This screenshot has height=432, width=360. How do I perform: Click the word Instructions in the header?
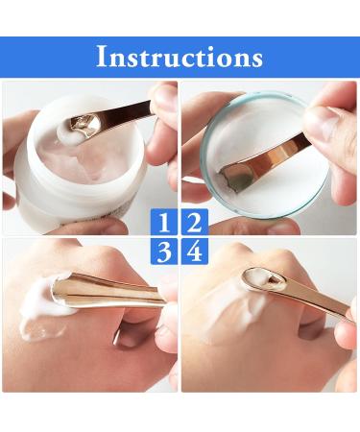tap(180, 57)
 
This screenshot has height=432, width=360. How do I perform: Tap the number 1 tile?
tap(164, 224)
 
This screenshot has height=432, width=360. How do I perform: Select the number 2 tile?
tap(194, 224)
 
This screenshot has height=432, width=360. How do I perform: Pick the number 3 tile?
tap(164, 253)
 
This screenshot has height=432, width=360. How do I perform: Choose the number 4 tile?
tap(194, 253)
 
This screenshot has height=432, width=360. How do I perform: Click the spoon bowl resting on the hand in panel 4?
tap(259, 278)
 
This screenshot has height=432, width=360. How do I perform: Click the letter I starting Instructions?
tap(101, 57)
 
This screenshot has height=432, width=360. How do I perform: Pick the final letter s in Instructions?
tap(256, 59)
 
